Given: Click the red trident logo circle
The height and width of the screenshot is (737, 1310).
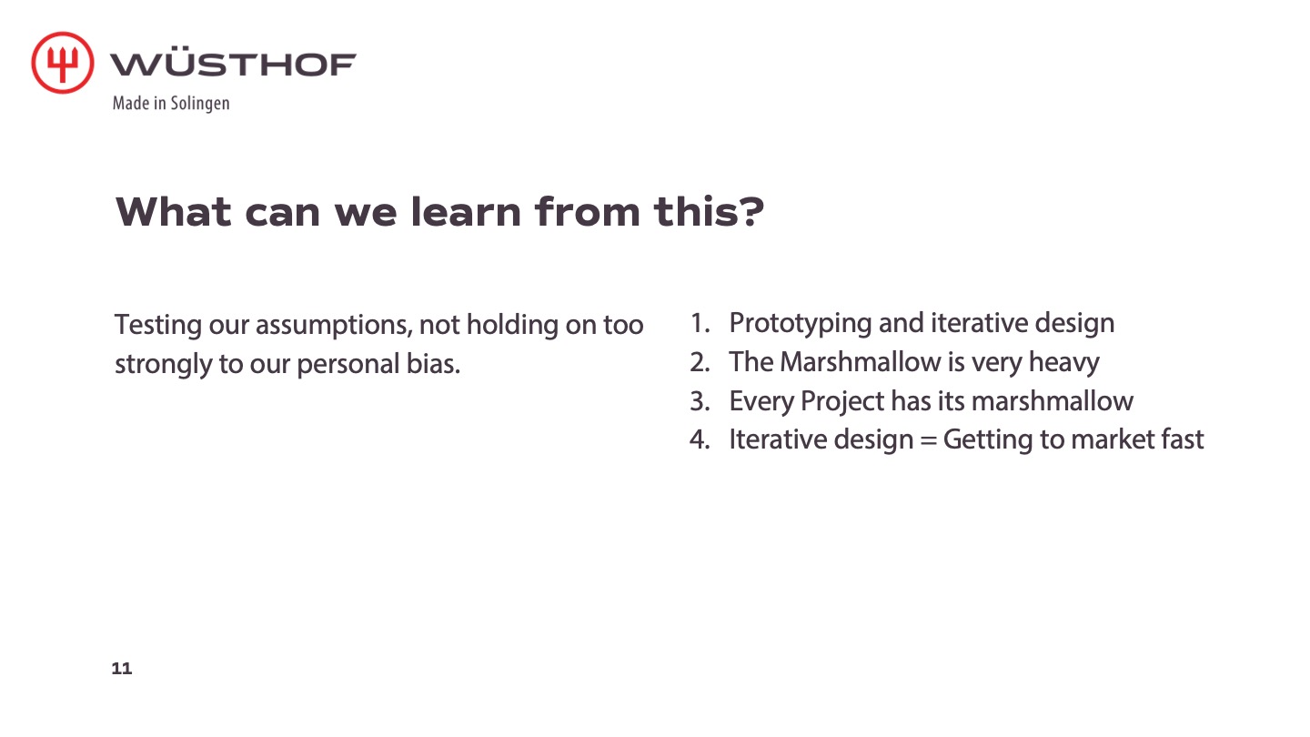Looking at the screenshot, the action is coord(63,63).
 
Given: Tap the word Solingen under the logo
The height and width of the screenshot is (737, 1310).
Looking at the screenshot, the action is coord(200,104).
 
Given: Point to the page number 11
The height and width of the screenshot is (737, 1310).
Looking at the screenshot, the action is coord(122,668).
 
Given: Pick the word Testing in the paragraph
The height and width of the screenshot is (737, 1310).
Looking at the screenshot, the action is coord(158,325).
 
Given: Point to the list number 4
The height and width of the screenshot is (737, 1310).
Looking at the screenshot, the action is coord(700,439).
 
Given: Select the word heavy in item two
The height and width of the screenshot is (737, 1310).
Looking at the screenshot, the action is coord(1063,363).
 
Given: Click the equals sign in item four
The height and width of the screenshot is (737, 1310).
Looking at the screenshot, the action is coord(928,439).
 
